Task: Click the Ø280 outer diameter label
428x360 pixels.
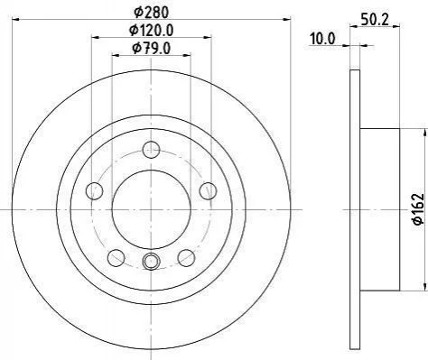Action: point(152,13)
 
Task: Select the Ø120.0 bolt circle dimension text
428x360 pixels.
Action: point(152,30)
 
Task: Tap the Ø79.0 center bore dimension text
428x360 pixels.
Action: point(152,48)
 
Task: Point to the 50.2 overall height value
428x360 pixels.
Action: point(375,20)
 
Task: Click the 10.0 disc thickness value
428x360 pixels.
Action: point(322,39)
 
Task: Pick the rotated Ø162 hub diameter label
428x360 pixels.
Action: point(418,208)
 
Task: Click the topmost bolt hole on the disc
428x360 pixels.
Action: point(151,150)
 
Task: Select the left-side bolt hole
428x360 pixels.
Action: point(95,190)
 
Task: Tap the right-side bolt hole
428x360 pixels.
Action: point(208,190)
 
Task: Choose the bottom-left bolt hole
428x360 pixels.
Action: point(116,258)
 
